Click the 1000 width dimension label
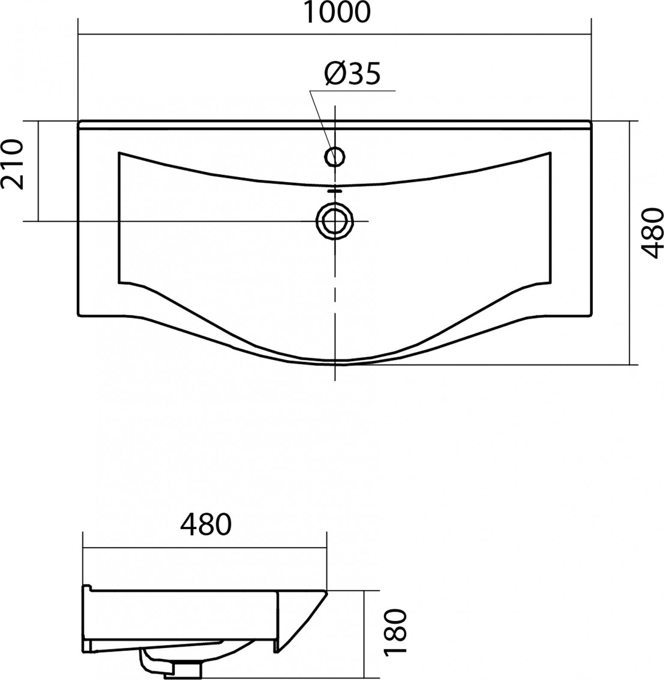[337, 12]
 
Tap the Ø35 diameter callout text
[353, 74]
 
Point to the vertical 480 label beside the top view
[652, 233]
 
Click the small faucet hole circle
[335, 156]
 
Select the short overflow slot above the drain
[335, 191]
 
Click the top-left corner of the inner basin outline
[119, 152]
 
